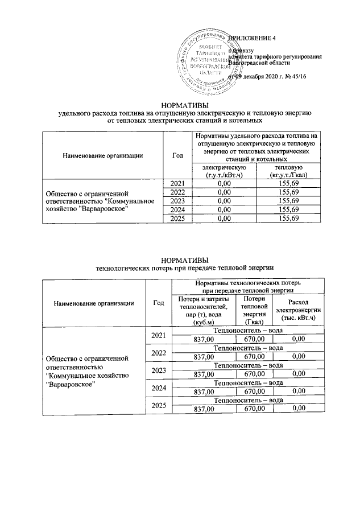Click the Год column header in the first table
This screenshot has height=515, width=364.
coord(177,154)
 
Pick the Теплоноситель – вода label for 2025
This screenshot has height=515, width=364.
coord(247,400)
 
